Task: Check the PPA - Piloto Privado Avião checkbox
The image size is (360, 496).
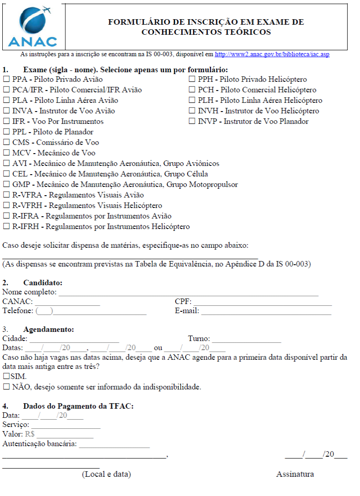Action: (6, 80)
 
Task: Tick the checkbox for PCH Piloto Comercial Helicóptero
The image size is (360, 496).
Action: (192, 90)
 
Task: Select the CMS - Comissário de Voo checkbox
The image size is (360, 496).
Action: (6, 143)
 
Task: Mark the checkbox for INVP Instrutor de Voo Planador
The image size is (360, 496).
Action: (192, 122)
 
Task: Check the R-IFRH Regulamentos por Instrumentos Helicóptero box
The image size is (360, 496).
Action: (6, 227)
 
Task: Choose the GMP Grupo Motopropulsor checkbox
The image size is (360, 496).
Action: (6, 185)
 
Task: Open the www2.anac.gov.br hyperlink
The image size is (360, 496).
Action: (272, 54)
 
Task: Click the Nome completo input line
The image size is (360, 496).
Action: (188, 293)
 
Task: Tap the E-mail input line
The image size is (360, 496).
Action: (266, 312)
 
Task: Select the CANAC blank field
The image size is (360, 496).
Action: (67, 303)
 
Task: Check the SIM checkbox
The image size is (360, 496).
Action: (6, 376)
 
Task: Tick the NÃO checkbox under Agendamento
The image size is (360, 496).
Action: (6, 387)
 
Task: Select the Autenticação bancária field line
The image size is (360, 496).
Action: (114, 445)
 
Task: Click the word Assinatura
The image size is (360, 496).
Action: (295, 474)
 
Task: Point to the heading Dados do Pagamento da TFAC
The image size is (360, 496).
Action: (78, 406)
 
